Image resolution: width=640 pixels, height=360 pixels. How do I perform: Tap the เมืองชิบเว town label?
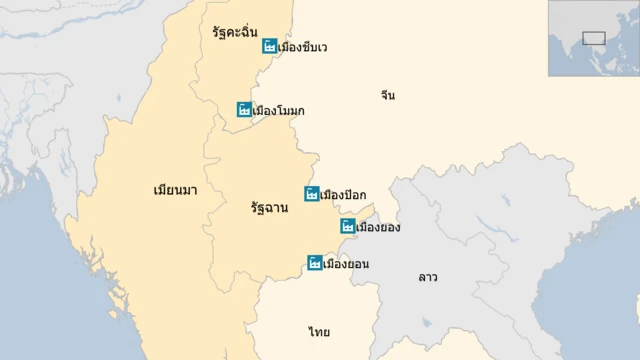pyautogui.click(x=304, y=47)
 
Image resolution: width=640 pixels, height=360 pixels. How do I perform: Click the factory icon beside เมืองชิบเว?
pyautogui.click(x=270, y=46)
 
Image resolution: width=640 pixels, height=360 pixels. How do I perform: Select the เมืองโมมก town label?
pyautogui.click(x=279, y=109)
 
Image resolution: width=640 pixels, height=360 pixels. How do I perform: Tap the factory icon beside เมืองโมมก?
pyautogui.click(x=244, y=109)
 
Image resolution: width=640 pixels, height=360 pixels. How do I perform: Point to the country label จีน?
pyautogui.click(x=388, y=95)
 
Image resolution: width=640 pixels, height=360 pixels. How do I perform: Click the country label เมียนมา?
pyautogui.click(x=175, y=189)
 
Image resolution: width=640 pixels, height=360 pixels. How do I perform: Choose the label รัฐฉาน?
pyautogui.click(x=270, y=208)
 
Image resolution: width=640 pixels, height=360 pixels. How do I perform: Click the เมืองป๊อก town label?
pyautogui.click(x=343, y=194)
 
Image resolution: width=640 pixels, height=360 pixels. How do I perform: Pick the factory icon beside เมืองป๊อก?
pyautogui.click(x=312, y=194)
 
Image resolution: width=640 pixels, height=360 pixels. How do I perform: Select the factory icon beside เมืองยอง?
pyautogui.click(x=348, y=227)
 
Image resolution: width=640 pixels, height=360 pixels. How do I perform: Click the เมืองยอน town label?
pyautogui.click(x=347, y=264)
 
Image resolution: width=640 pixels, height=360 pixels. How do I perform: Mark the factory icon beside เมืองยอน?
pyautogui.click(x=315, y=264)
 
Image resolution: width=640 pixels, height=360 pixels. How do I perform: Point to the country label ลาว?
pyautogui.click(x=428, y=276)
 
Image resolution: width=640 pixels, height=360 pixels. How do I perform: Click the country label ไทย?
pyautogui.click(x=319, y=331)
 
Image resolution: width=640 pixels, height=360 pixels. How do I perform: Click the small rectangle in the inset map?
pyautogui.click(x=593, y=39)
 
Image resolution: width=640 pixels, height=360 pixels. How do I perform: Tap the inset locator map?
pyautogui.click(x=593, y=38)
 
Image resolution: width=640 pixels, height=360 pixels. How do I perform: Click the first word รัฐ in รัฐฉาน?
pyautogui.click(x=260, y=208)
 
